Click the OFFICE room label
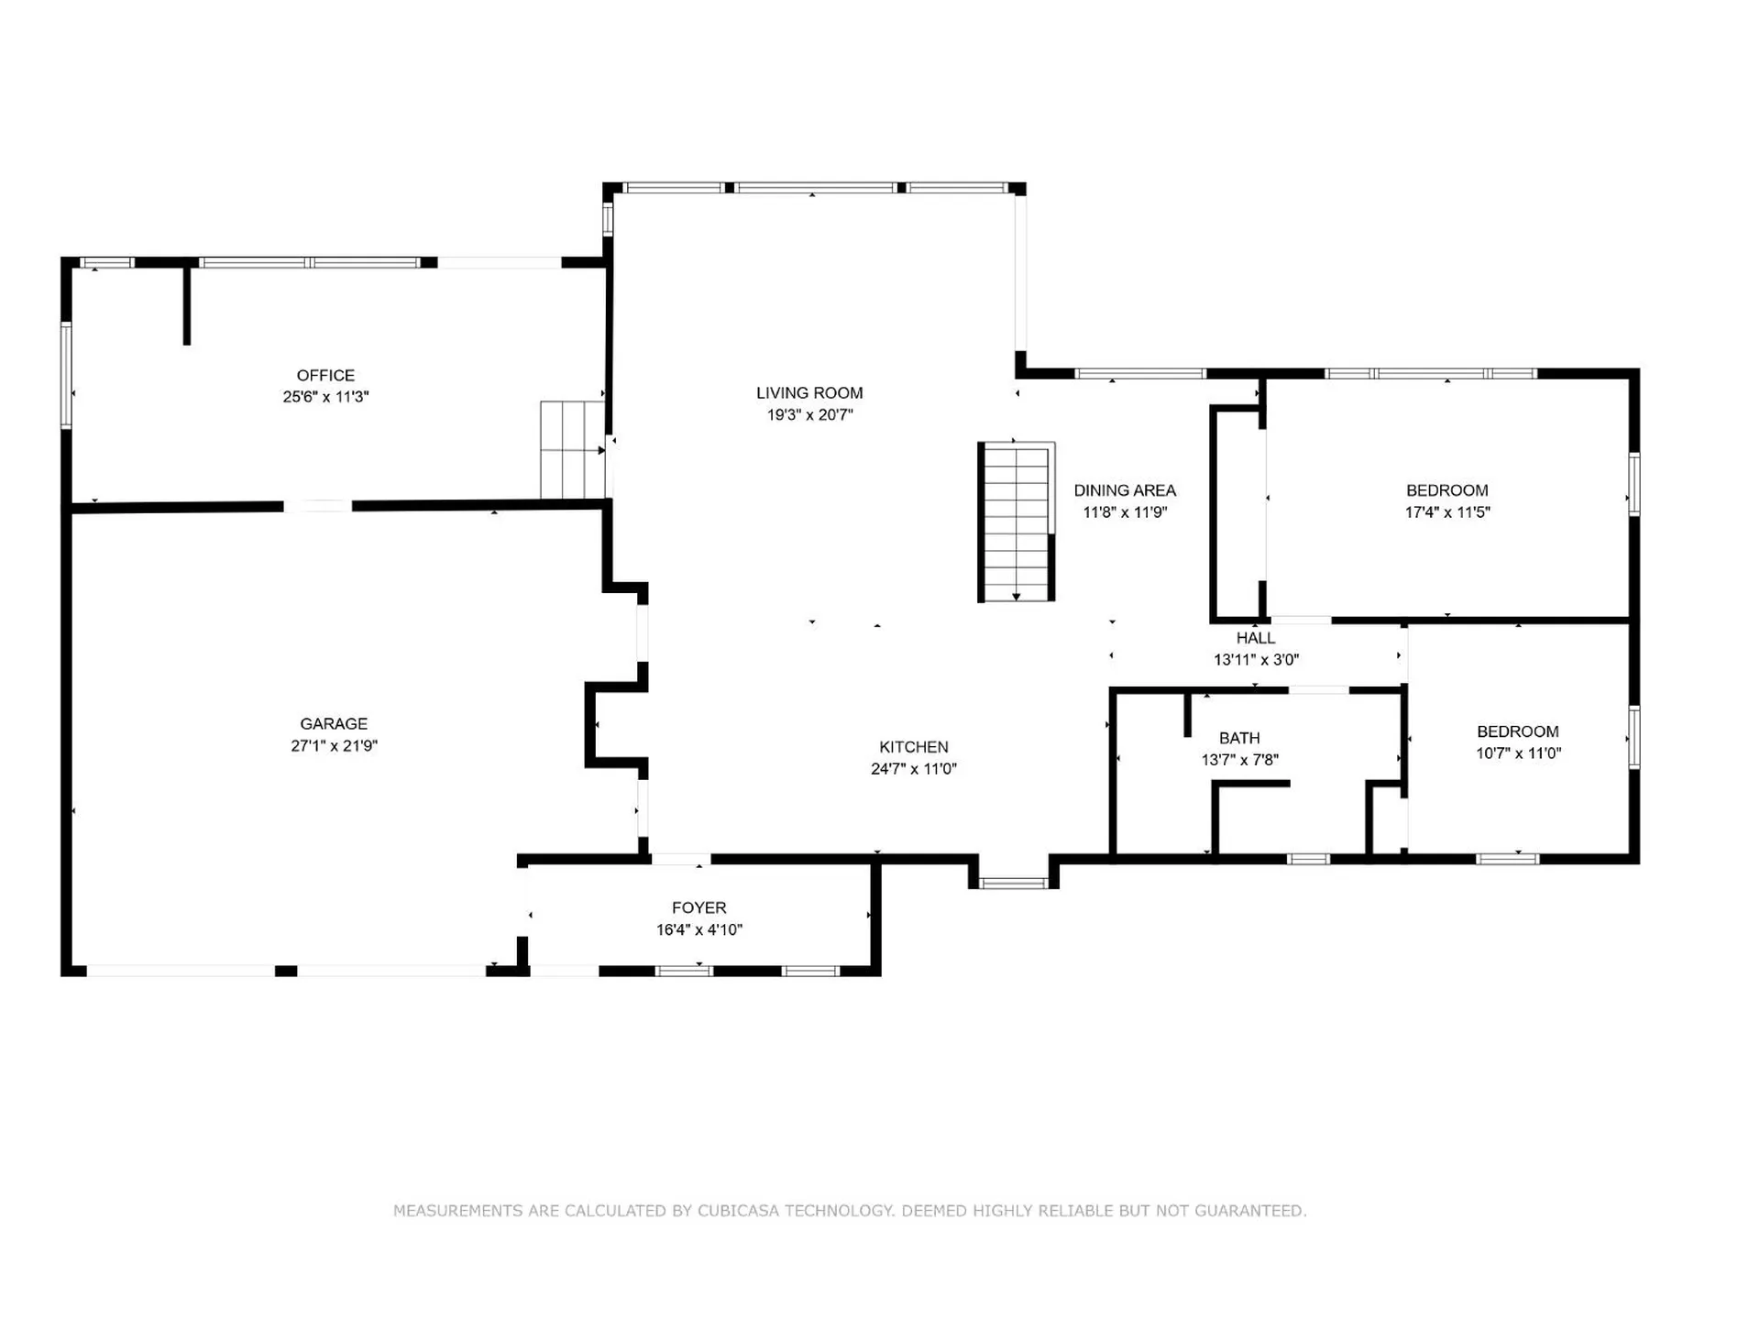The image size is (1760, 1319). point(325,375)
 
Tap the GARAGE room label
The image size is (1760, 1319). point(334,723)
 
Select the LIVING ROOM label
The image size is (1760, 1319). point(809,392)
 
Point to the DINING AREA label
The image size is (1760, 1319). point(1125,490)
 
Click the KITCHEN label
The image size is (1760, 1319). point(914,747)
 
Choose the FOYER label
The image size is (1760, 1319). point(698,907)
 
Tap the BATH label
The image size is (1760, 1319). point(1239,738)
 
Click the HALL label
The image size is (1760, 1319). point(1256,638)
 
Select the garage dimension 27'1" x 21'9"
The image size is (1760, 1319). point(334,745)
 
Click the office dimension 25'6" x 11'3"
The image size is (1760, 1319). point(325,397)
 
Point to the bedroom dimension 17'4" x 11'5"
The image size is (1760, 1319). point(1447,512)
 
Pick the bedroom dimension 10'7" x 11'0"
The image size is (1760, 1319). point(1518,753)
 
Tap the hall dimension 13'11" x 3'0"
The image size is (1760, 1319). point(1256,660)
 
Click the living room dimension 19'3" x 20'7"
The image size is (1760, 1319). point(809,414)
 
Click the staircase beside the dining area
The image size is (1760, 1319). point(1016,522)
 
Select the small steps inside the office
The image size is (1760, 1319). point(572,450)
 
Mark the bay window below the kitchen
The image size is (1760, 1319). point(1013,884)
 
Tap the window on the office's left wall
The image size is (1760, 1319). point(66,375)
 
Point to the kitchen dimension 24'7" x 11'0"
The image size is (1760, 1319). point(914,769)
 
